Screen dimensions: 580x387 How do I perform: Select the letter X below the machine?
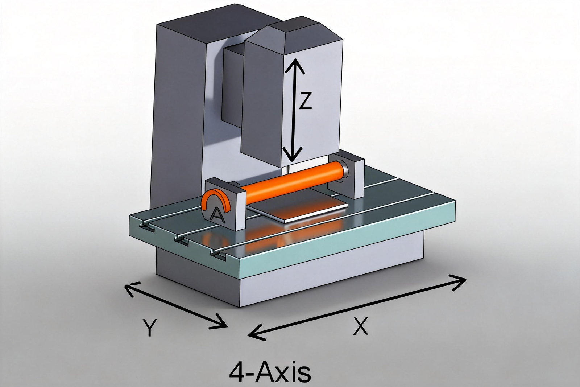[360, 326]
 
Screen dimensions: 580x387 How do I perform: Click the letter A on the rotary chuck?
[217, 214]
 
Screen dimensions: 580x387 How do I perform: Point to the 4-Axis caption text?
[270, 373]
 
